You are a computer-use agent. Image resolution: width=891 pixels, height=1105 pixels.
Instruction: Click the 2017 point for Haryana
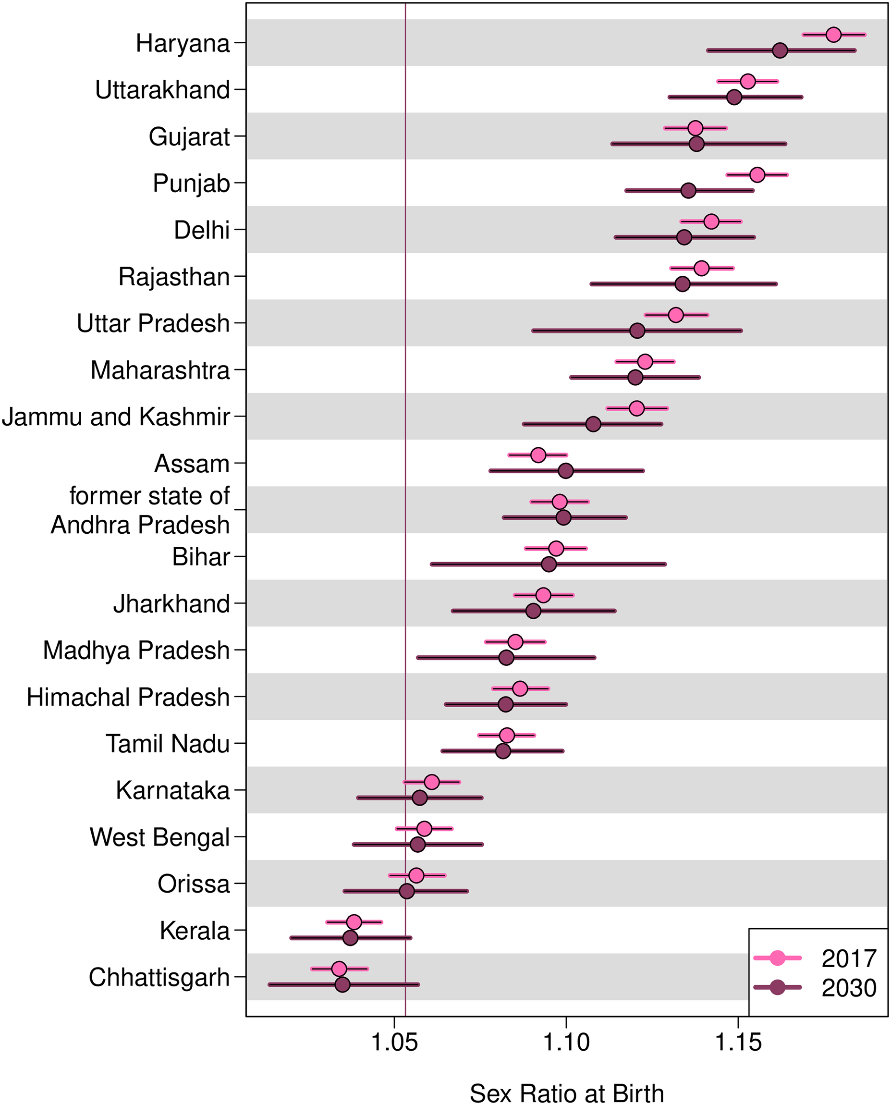coord(833,35)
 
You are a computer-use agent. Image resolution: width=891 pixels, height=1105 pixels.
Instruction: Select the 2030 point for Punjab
coord(688,190)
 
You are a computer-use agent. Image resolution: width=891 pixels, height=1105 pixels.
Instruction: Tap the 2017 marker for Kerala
coord(354,922)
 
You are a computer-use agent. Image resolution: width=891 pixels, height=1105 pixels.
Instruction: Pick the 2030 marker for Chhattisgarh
coord(342,984)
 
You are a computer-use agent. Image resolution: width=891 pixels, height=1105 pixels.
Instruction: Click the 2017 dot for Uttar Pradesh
coord(676,315)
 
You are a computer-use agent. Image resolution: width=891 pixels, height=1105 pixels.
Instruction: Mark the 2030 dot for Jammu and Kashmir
coord(593,424)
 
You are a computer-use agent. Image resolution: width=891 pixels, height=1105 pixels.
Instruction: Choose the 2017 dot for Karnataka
coord(432,782)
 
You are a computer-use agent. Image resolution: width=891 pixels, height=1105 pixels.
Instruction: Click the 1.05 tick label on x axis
coord(394,1043)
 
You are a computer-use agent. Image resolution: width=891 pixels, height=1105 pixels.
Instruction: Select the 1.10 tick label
coord(566,1043)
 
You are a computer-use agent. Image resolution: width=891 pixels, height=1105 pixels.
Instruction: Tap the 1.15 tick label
coord(738,1043)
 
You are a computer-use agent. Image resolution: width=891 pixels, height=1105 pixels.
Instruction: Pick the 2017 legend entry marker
coord(778,958)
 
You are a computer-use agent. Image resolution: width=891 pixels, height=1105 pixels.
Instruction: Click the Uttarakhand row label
coord(162,90)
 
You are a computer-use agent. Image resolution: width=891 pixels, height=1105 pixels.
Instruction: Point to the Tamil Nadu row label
coord(167,744)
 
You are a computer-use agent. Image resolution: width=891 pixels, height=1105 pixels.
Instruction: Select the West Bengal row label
coord(159,837)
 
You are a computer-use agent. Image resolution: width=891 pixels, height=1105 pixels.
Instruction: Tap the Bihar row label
coord(201,557)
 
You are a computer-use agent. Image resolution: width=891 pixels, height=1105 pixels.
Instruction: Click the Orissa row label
coord(194,884)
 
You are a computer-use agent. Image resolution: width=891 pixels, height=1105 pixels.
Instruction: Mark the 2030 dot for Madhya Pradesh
coord(506,657)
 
